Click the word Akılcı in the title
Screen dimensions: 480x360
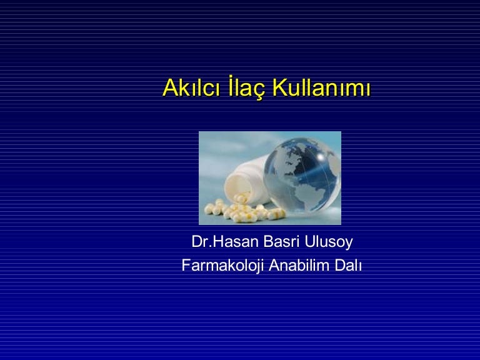192,87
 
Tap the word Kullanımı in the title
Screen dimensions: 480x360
321,87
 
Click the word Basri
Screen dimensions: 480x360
281,241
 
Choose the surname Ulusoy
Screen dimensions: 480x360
329,242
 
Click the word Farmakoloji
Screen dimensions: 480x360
223,265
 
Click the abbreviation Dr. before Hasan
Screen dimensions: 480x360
201,241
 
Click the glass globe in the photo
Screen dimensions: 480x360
302,176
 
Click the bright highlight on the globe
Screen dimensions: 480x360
320,157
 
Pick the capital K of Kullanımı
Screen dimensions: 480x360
279,87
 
